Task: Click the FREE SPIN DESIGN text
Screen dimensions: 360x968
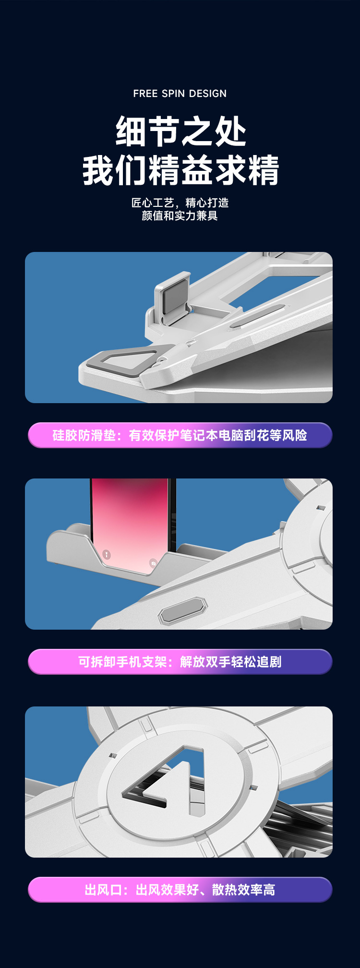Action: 180,94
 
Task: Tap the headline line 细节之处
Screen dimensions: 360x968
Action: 180,131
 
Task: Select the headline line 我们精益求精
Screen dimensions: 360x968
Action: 180,170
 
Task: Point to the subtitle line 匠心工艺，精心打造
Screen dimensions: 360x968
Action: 180,203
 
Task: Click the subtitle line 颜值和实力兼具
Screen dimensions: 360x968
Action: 180,216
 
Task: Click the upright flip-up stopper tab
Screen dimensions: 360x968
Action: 172,293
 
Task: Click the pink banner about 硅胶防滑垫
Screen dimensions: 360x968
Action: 180,435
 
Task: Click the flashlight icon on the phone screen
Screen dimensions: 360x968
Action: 107,555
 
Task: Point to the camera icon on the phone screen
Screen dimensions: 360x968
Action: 153,563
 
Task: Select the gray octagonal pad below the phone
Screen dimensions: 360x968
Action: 183,610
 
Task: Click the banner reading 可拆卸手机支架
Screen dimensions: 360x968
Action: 180,662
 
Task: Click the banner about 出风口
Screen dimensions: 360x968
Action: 180,890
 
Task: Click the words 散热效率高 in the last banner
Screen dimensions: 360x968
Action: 244,890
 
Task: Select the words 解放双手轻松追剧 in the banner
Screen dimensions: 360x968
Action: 231,662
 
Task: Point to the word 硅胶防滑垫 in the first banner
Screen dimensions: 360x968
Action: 84,435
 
